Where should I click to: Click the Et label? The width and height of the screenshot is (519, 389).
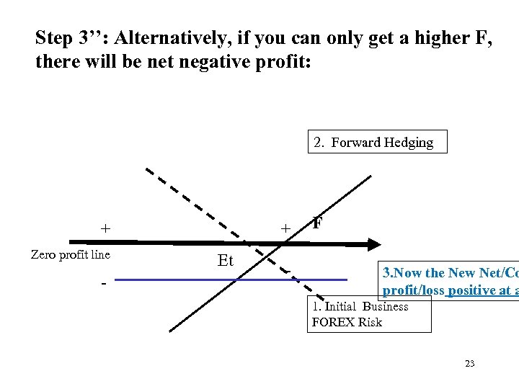pyautogui.click(x=225, y=261)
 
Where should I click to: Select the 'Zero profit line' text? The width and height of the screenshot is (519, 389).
pyautogui.click(x=70, y=254)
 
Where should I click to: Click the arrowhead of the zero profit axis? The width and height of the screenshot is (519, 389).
pyautogui.click(x=380, y=243)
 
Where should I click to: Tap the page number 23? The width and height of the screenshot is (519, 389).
pyautogui.click(x=469, y=364)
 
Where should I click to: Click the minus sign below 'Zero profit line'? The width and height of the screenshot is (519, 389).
pyautogui.click(x=104, y=283)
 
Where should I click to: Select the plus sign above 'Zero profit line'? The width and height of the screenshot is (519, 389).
pyautogui.click(x=106, y=229)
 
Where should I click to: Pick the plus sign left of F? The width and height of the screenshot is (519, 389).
pyautogui.click(x=285, y=229)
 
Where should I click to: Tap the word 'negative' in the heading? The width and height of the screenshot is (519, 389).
pyautogui.click(x=203, y=61)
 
